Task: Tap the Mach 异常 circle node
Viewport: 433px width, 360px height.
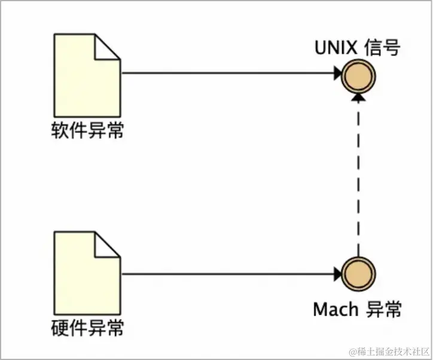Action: [x=358, y=275]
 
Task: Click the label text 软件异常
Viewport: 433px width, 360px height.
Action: [x=88, y=130]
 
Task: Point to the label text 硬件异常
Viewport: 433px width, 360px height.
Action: [x=88, y=328]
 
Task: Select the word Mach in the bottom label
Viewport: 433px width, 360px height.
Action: [x=336, y=309]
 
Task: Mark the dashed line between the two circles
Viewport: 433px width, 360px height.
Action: [x=358, y=179]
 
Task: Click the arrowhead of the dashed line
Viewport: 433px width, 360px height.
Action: [x=358, y=99]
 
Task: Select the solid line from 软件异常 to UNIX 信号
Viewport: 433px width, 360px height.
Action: [x=227, y=74]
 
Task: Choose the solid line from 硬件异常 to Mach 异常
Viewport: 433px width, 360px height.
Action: [x=227, y=275]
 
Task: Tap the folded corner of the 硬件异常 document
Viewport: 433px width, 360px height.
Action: [x=108, y=245]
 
